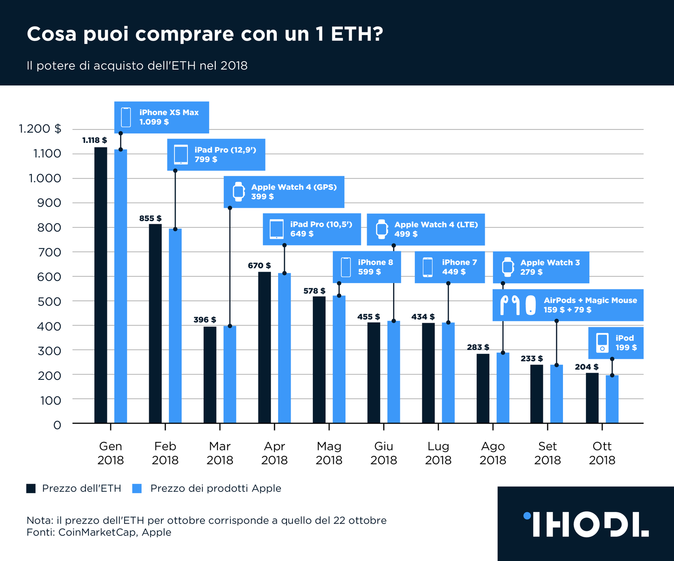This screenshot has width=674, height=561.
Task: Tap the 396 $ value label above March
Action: coord(204,320)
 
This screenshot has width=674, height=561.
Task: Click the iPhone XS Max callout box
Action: coord(162,117)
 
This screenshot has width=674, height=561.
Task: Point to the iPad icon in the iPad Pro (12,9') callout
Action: coord(181,155)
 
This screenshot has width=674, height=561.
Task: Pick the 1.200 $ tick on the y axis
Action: coord(40,129)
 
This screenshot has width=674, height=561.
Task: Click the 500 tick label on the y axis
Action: coord(49,302)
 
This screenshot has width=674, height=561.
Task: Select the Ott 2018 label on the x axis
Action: coord(602,453)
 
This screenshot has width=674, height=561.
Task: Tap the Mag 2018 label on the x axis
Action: coord(329,453)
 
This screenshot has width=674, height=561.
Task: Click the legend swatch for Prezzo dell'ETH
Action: coord(31,489)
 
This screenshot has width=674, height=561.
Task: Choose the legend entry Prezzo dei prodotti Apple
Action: coord(215,489)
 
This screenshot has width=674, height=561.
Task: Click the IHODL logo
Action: coord(586,524)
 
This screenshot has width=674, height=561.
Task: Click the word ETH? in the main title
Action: coord(357,34)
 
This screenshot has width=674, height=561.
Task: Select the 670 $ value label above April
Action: coord(259,266)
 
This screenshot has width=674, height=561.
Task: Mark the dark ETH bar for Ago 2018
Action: coord(483,388)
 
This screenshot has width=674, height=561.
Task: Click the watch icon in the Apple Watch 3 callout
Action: coord(508,267)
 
